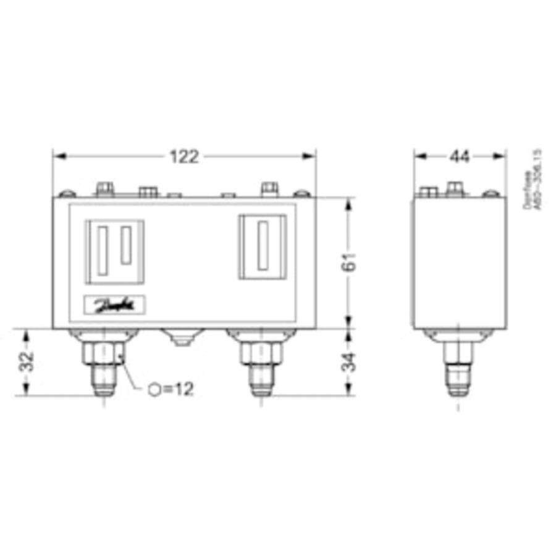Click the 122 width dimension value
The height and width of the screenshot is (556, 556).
coord(184,157)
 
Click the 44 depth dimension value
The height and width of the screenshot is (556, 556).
coord(460,157)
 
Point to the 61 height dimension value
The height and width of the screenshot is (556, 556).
coord(350,263)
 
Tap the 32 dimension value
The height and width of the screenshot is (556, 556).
coord(25,362)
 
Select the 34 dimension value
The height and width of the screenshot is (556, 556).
coord(350,362)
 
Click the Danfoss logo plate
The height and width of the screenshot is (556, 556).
coord(114,305)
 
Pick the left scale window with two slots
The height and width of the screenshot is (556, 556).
coord(116,251)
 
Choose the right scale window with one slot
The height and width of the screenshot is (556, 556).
coord(263,246)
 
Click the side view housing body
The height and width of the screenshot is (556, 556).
coord(458,263)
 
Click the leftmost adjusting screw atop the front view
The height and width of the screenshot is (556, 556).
coord(105,188)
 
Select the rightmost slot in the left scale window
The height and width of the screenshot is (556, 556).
coord(127,245)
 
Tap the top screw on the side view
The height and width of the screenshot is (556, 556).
coord(455,187)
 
